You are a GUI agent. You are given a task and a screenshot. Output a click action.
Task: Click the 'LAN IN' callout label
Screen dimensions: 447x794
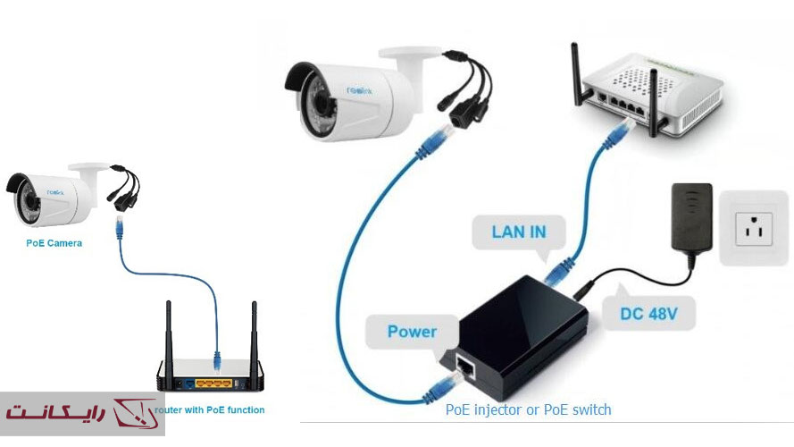pos(519,232)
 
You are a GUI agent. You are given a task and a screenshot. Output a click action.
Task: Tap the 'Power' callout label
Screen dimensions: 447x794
pos(412,332)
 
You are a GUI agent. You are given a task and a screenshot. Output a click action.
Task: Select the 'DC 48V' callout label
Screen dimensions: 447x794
pos(650,314)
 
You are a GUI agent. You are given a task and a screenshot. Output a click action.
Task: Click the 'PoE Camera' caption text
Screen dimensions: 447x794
pos(53,242)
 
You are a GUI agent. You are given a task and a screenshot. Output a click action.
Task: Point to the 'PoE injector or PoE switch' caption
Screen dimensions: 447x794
pos(528,409)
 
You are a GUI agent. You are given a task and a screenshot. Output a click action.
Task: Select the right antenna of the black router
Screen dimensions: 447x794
pos(254,335)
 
